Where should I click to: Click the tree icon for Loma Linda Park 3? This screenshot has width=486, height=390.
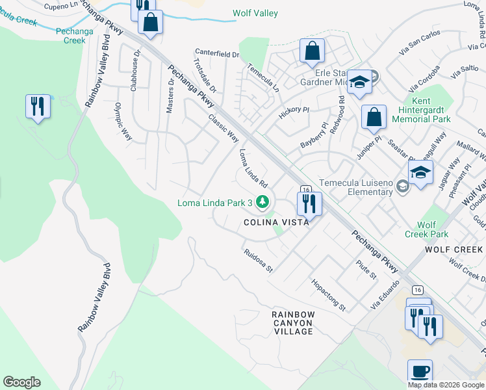[x=262, y=203]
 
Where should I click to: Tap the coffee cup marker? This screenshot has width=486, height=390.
[x=420, y=373]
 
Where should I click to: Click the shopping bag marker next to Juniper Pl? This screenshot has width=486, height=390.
[x=374, y=118]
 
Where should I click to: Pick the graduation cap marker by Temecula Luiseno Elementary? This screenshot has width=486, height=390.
[x=420, y=173]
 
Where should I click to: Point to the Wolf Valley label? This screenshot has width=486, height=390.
[x=255, y=14]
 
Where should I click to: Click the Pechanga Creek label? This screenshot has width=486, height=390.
[x=71, y=35]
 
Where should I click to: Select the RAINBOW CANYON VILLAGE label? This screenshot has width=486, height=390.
[x=293, y=322]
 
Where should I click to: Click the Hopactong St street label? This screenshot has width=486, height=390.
[x=328, y=294]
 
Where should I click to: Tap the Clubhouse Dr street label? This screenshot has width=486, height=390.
[x=136, y=71]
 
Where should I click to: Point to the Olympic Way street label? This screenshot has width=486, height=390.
[x=123, y=122]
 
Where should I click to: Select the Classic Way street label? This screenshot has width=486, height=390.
[x=224, y=128]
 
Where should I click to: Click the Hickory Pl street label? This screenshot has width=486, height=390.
[x=294, y=112]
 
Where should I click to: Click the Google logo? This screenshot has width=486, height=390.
[x=21, y=382]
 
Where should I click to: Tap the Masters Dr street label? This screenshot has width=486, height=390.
[x=171, y=96]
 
